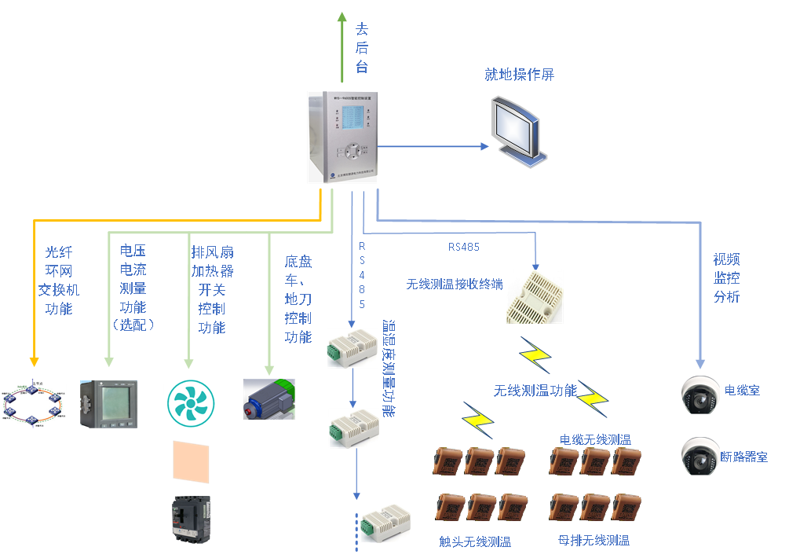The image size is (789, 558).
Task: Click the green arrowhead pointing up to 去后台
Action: click(342, 19)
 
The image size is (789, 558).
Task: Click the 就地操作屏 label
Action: click(519, 75)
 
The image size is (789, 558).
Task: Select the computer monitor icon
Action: click(516, 130)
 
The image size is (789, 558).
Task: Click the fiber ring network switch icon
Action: click(32, 402)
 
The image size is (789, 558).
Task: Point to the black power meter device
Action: click(109, 403)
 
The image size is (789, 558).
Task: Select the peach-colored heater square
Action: click(191, 461)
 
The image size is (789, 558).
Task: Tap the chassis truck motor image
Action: click(268, 401)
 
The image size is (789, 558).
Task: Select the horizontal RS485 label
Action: click(464, 247)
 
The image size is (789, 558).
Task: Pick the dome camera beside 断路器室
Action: click(700, 456)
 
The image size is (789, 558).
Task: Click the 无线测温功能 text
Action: click(535, 391)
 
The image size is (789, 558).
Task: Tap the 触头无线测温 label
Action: click(475, 541)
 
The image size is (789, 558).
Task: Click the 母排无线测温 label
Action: click(594, 540)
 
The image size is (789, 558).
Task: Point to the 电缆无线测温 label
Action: click(595, 439)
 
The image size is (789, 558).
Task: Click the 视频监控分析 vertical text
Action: click(726, 278)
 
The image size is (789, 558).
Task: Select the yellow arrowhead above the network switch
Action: click(35, 361)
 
